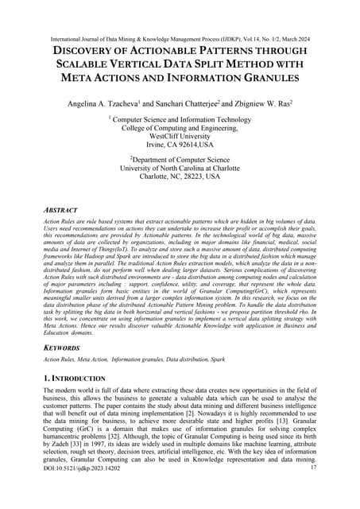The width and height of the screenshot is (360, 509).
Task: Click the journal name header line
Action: pyautogui.click(x=180, y=14)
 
